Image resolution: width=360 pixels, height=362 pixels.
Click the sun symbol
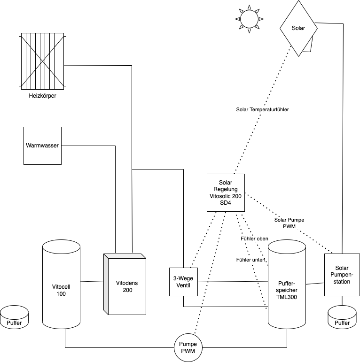click(x=249, y=19)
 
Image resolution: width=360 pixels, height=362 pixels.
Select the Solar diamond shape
click(x=298, y=28)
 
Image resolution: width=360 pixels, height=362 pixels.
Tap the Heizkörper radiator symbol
click(x=43, y=61)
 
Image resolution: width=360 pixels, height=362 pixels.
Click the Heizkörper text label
click(x=43, y=96)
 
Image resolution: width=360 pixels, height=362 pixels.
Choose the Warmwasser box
click(x=42, y=146)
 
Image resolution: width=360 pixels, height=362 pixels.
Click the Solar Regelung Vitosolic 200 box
click(x=226, y=193)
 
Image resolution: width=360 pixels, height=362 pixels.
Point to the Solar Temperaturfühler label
click(x=262, y=109)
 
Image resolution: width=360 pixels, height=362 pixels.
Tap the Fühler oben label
click(x=254, y=239)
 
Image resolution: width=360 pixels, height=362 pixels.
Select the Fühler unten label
click(x=251, y=260)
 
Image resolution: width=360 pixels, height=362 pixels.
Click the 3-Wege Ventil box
click(x=183, y=281)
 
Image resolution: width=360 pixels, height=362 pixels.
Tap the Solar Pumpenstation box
click(x=342, y=275)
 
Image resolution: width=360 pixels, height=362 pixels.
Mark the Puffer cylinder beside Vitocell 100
click(x=14, y=318)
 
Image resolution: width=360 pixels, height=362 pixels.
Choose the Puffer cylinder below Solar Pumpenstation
click(x=342, y=318)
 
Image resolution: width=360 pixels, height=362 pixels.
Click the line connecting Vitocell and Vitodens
click(x=92, y=282)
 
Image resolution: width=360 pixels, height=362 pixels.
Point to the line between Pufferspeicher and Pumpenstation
click(x=315, y=284)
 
